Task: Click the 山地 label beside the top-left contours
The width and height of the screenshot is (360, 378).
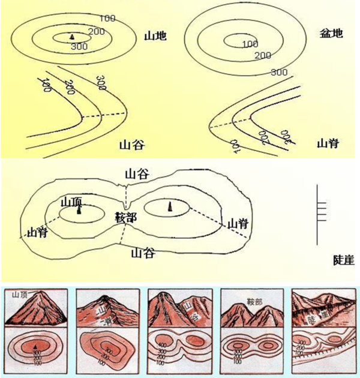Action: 155,36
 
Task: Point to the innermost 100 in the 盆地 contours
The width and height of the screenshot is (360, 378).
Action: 250,44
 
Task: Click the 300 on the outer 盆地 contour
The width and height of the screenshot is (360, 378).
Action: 279,72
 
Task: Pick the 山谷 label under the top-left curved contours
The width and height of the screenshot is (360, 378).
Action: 132,145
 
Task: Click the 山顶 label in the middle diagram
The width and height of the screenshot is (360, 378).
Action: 71,202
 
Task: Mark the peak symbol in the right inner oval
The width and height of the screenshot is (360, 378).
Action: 170,206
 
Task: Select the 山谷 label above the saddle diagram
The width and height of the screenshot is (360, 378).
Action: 137,175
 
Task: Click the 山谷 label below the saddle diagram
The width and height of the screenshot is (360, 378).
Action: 143,253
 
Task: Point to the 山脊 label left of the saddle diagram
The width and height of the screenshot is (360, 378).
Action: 34,232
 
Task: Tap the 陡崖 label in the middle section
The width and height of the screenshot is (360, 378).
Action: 343,260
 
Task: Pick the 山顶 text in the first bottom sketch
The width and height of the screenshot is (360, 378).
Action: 20,294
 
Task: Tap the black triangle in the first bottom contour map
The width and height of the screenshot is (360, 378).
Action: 36,347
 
